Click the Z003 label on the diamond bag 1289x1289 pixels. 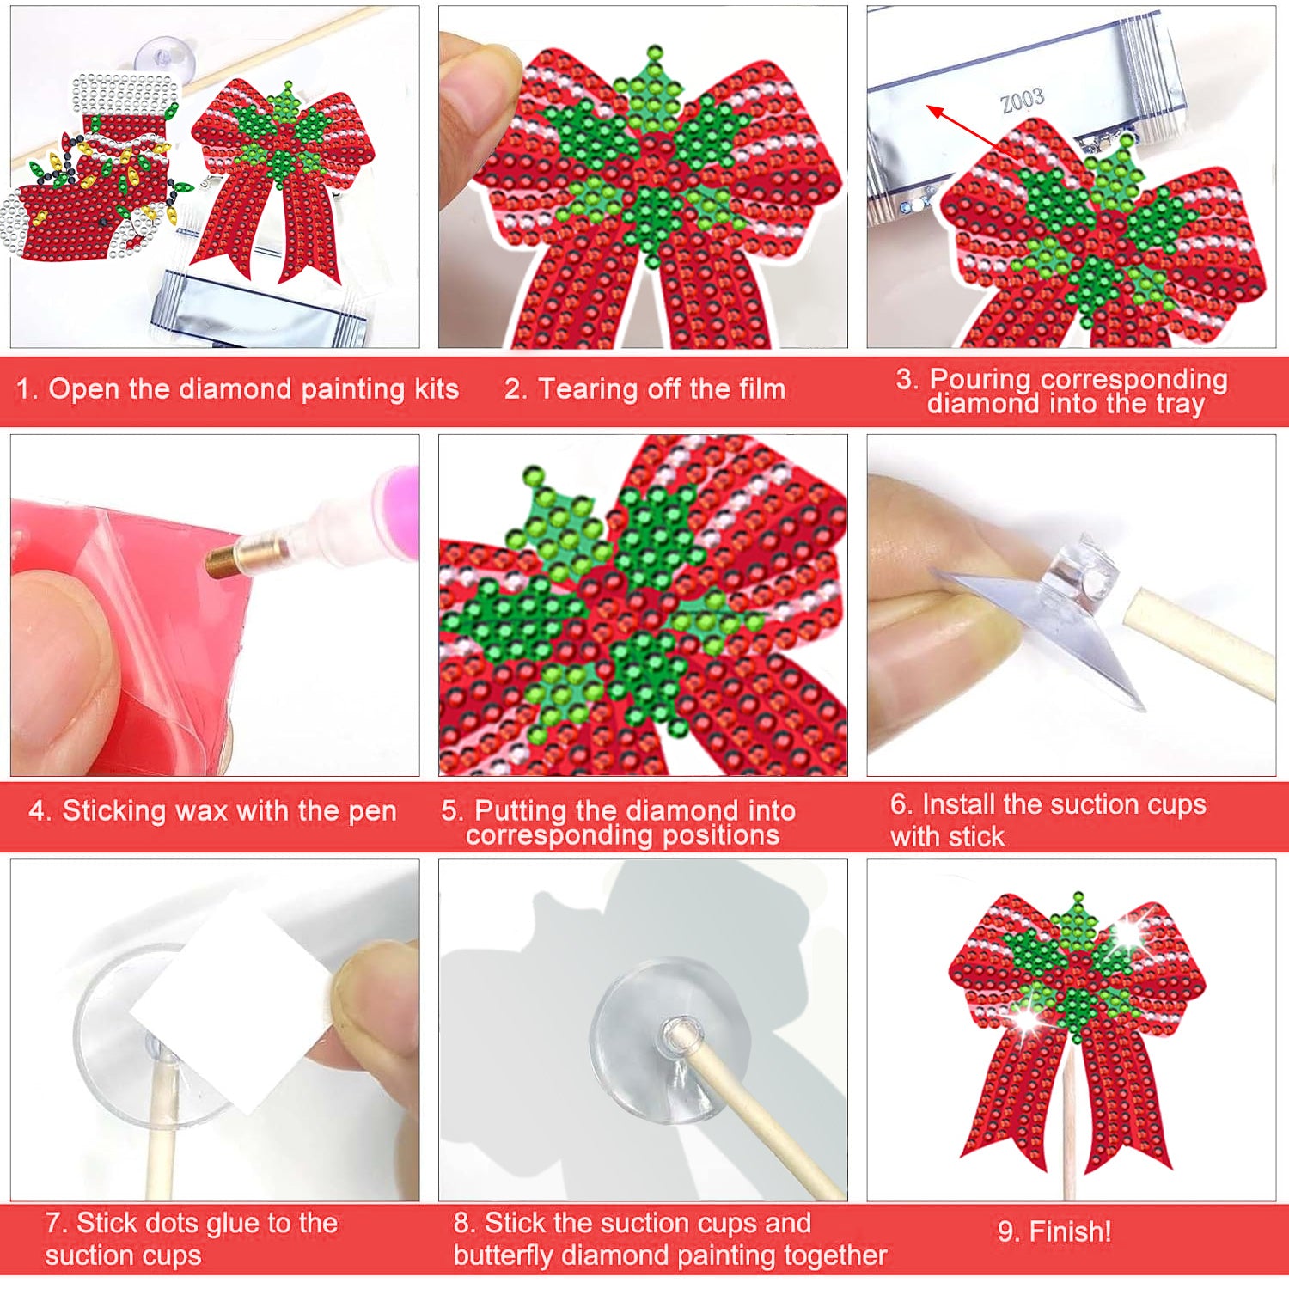(1022, 101)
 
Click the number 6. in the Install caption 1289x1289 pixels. (901, 804)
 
